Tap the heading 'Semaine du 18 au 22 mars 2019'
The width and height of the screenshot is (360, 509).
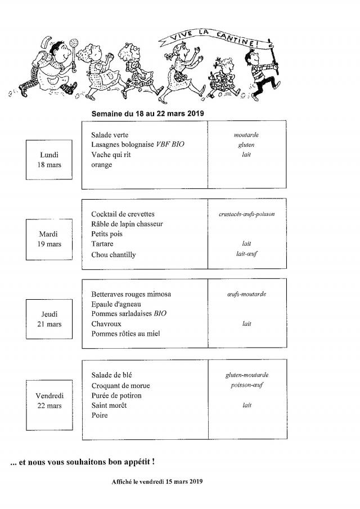point(147,113)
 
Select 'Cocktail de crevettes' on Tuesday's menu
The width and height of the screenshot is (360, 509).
point(122,214)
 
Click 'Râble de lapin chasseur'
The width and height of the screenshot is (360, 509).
point(127,224)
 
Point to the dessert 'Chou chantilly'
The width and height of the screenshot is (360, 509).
point(113,254)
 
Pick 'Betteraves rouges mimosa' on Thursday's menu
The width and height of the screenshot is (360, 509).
point(130,294)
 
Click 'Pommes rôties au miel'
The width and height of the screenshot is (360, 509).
point(125,334)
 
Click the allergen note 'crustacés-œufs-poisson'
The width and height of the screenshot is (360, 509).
point(246,214)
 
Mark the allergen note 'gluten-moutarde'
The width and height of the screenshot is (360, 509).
point(246,375)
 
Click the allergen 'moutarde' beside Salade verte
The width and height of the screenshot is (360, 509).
point(246,135)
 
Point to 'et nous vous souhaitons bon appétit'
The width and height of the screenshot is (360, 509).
point(83,462)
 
